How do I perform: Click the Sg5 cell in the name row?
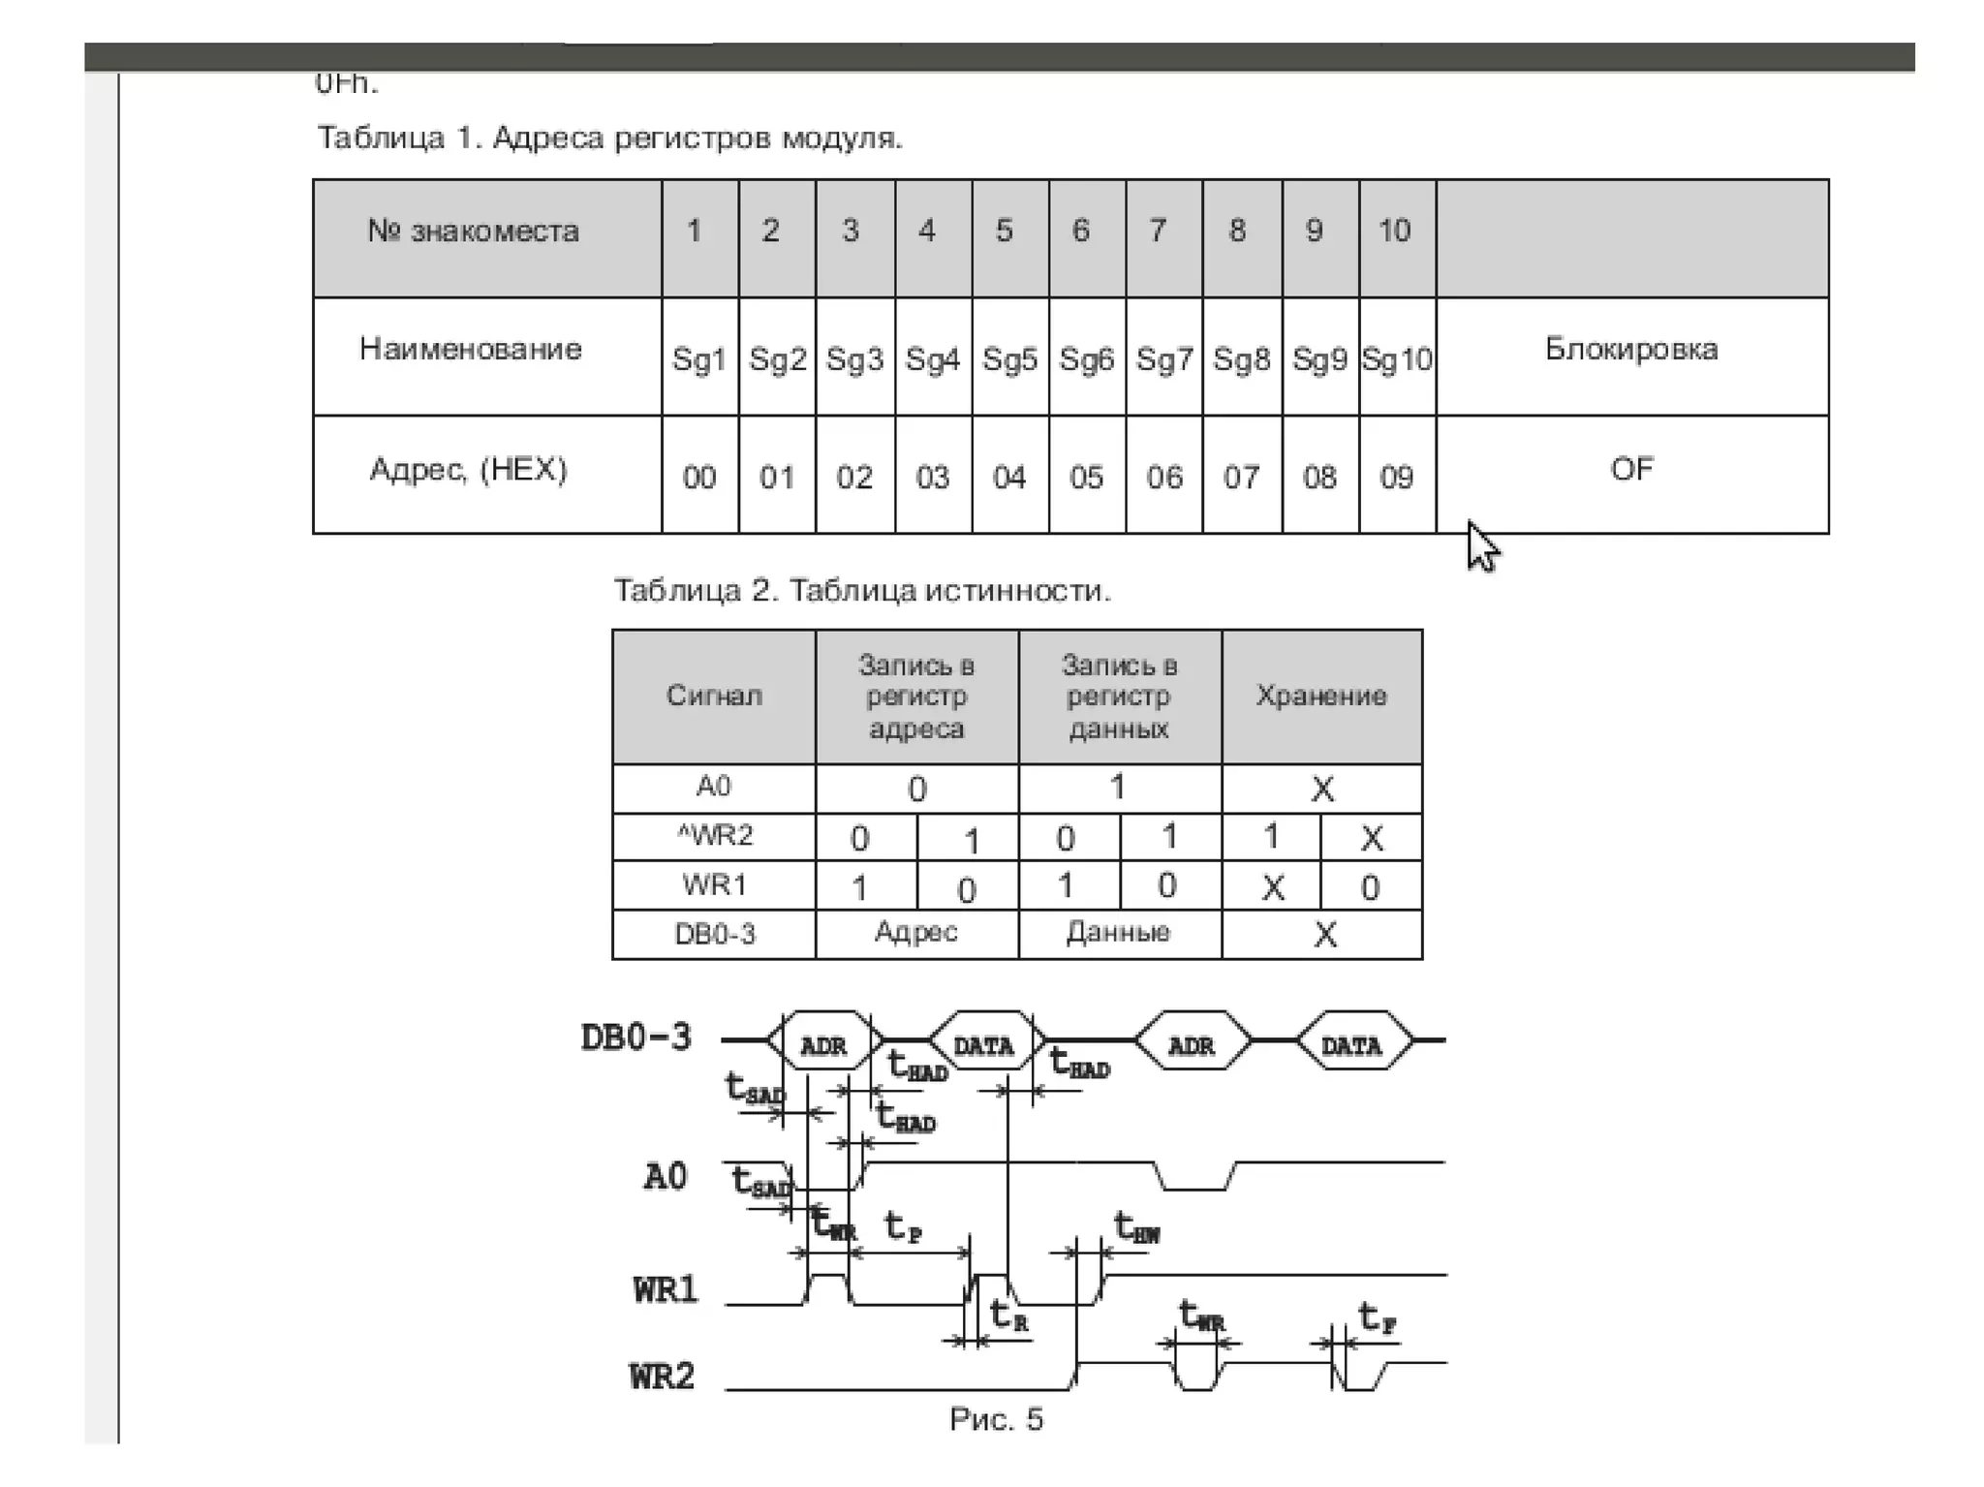(x=1009, y=359)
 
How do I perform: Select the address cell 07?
(x=1241, y=477)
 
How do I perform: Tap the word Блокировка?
(x=1631, y=349)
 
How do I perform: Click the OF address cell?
(x=1631, y=470)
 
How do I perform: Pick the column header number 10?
(x=1395, y=231)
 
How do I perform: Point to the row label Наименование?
(x=471, y=349)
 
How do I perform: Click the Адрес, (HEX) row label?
(x=469, y=470)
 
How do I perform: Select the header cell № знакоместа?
(x=474, y=232)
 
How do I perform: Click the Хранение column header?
(x=1321, y=696)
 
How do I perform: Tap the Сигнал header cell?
(x=714, y=696)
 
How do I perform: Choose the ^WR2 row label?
(x=714, y=835)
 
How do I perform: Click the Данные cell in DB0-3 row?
(x=1118, y=932)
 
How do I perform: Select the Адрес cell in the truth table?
(x=916, y=932)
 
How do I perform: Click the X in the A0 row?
(x=1322, y=789)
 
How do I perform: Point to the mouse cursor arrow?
(x=1480, y=546)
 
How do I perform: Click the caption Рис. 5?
(x=996, y=1419)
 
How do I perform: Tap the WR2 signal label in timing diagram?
(x=663, y=1376)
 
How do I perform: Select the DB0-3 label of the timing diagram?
(x=636, y=1038)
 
